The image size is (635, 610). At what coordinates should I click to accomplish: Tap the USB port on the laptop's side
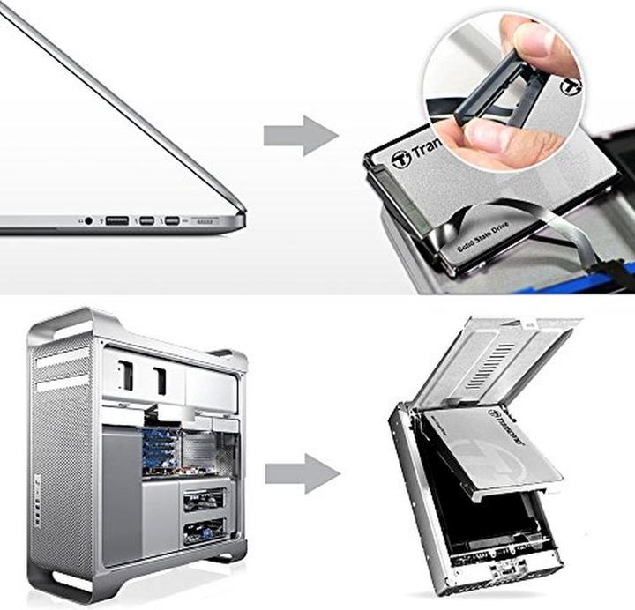pyautogui.click(x=116, y=219)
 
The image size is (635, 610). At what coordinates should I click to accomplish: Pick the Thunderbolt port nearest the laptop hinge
pyautogui.click(x=172, y=219)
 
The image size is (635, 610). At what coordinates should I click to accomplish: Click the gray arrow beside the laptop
pyautogui.click(x=300, y=135)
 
